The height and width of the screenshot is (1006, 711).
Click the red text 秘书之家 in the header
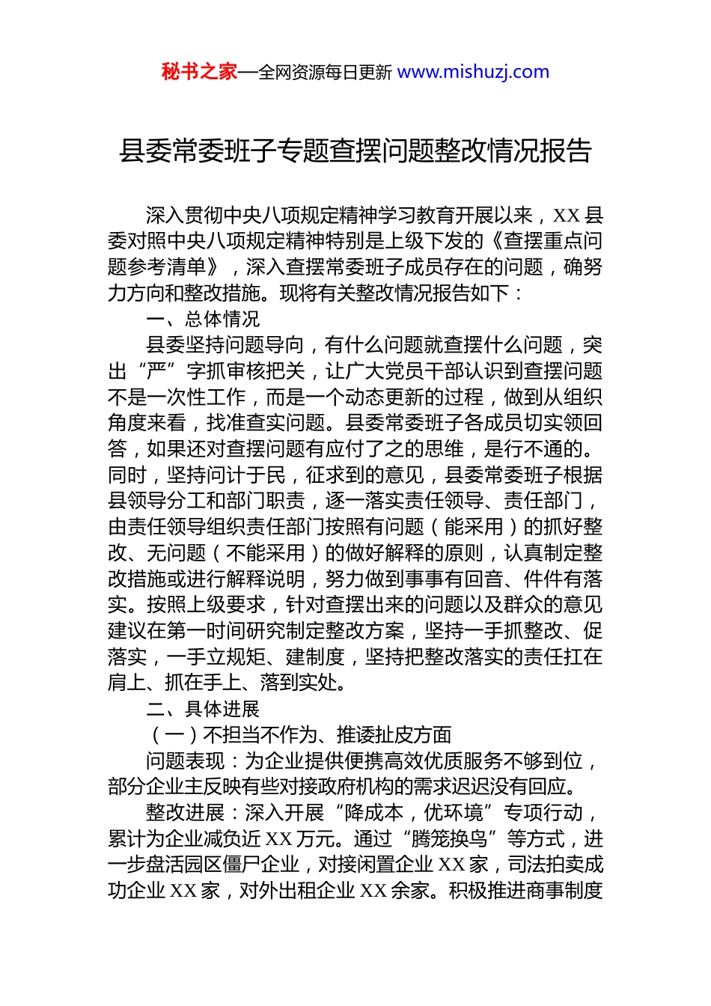point(199,72)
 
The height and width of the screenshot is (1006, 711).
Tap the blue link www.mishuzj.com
point(473,72)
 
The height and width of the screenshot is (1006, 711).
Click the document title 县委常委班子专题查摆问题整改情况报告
point(355,151)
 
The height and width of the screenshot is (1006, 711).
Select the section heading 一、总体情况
point(203,320)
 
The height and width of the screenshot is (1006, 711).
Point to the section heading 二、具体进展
point(203,709)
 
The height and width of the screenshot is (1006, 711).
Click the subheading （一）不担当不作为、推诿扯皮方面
point(299,735)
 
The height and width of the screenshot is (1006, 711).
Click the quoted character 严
point(156,371)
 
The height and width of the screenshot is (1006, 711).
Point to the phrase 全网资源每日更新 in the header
point(325,73)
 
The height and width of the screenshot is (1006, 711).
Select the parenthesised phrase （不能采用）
point(266,553)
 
